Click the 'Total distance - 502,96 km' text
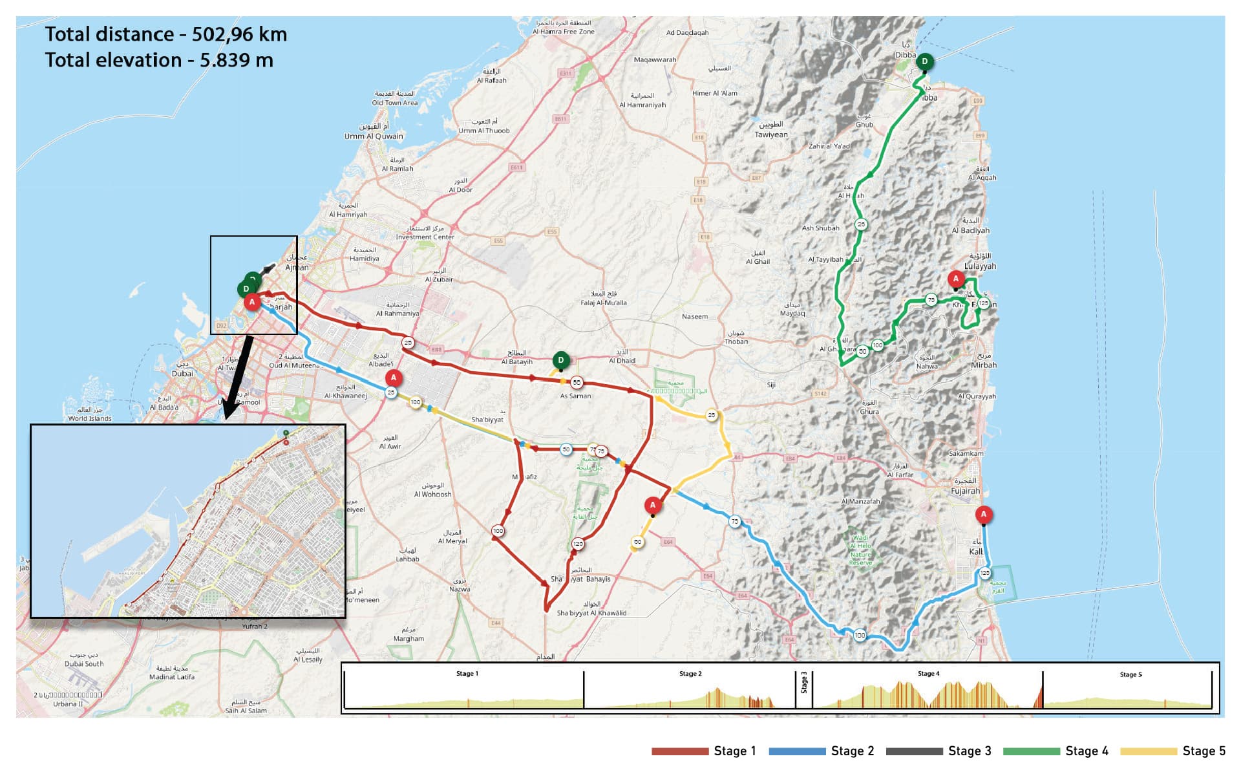point(165,34)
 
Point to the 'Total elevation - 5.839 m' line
point(159,60)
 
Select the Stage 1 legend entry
point(704,751)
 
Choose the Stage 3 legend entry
point(939,751)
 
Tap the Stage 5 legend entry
point(1172,751)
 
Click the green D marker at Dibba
point(924,62)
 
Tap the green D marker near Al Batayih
point(561,360)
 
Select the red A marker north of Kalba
point(983,515)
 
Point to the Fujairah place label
point(965,491)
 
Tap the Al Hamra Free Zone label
point(564,32)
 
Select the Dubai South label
point(84,663)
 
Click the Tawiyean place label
point(771,135)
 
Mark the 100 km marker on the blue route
point(860,635)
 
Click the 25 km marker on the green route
point(861,224)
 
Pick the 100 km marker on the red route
point(498,531)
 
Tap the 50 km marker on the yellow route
point(638,543)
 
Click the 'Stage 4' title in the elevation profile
point(928,674)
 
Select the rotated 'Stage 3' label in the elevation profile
point(804,682)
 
